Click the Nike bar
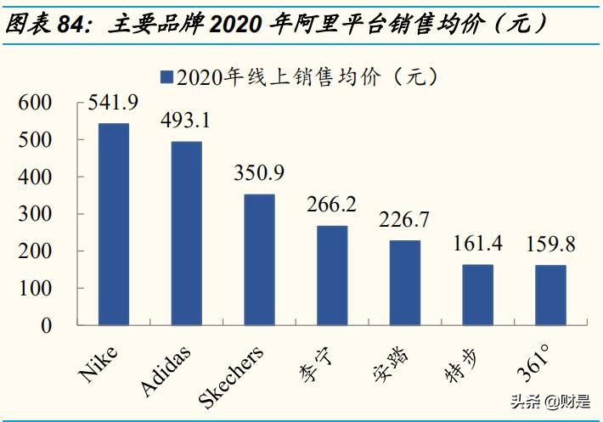tap(114, 224)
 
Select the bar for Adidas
tap(187, 234)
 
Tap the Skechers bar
tap(259, 260)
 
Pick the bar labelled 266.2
tap(332, 275)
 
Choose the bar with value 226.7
tap(404, 283)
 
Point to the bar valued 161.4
tap(477, 295)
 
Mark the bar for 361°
tap(550, 295)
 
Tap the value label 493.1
tap(187, 121)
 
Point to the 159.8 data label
tap(550, 245)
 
